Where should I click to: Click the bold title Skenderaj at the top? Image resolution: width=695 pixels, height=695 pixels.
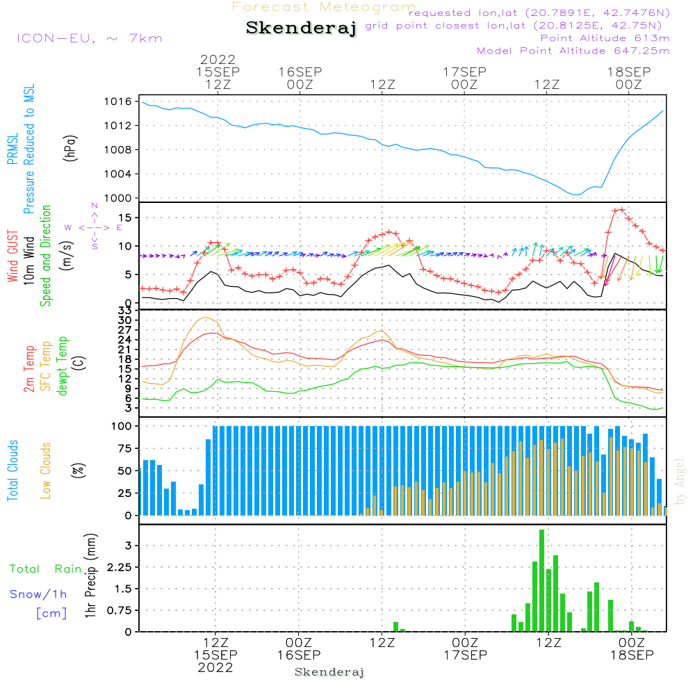click(301, 28)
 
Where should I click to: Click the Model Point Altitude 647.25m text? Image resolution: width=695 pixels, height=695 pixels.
click(573, 51)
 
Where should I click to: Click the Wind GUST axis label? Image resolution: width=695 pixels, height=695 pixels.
click(13, 257)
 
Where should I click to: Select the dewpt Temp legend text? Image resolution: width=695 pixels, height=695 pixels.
click(63, 366)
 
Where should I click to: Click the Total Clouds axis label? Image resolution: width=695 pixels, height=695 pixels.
click(13, 471)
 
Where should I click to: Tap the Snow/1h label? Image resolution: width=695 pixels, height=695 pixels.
click(38, 594)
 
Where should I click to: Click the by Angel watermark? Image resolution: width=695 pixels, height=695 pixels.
click(680, 482)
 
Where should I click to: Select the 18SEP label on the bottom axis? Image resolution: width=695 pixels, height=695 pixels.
click(631, 655)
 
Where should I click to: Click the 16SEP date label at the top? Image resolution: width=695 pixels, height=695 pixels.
click(300, 72)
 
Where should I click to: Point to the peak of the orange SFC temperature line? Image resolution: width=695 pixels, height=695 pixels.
click(204, 318)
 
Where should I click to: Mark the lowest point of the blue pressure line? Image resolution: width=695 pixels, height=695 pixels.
click(575, 195)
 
